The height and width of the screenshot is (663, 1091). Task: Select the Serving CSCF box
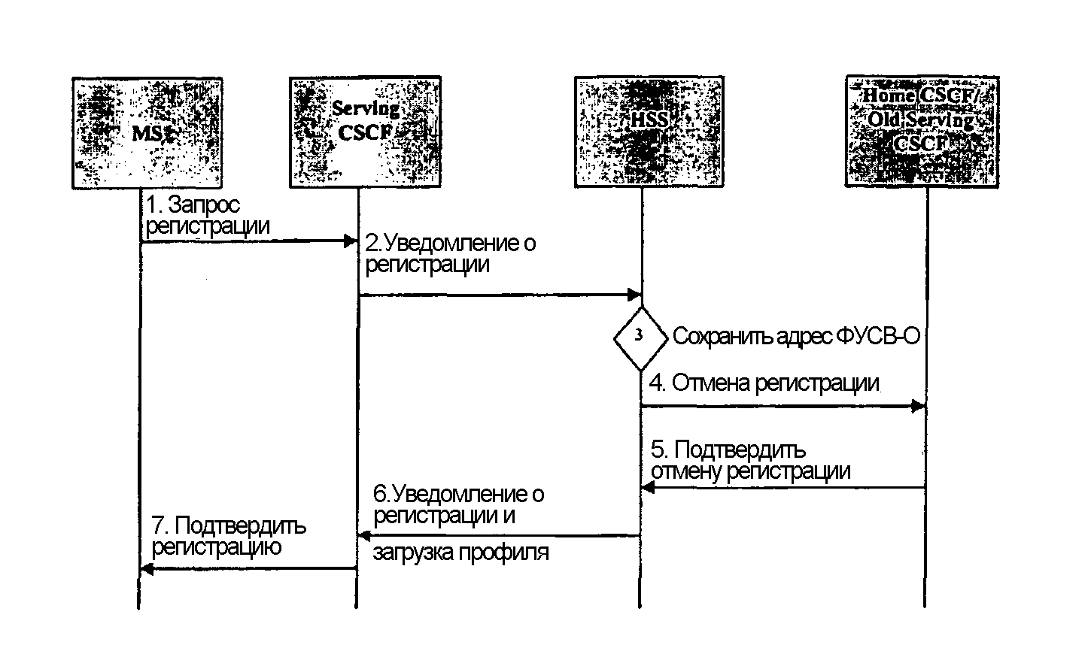[x=365, y=132]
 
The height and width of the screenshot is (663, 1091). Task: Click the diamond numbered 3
[x=640, y=338]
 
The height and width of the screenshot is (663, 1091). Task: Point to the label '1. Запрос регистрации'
[x=207, y=214]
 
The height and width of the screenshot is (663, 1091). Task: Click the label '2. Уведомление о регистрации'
[x=450, y=253]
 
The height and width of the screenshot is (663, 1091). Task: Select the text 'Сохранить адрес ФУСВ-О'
[x=796, y=336]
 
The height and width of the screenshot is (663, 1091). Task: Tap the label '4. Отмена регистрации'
[x=764, y=383]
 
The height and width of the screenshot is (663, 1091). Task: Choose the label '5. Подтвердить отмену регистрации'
[x=750, y=460]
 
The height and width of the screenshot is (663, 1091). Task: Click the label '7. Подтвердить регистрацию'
[x=229, y=535]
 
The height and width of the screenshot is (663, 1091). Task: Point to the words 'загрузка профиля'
[x=460, y=552]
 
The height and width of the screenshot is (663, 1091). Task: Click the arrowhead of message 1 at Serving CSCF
[x=350, y=241]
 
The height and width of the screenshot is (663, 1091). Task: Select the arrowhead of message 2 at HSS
[x=634, y=295]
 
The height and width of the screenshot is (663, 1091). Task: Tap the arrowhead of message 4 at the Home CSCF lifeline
[x=917, y=407]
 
